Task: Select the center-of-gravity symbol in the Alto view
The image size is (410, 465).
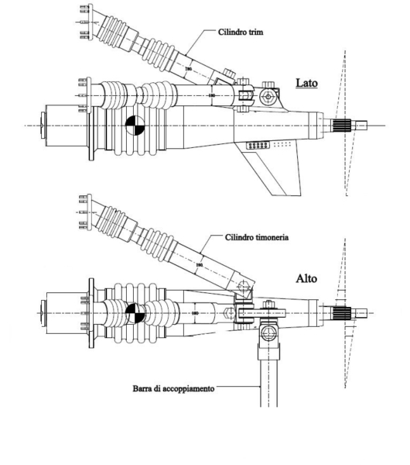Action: [133, 313]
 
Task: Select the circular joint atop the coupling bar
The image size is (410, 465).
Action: [268, 336]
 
